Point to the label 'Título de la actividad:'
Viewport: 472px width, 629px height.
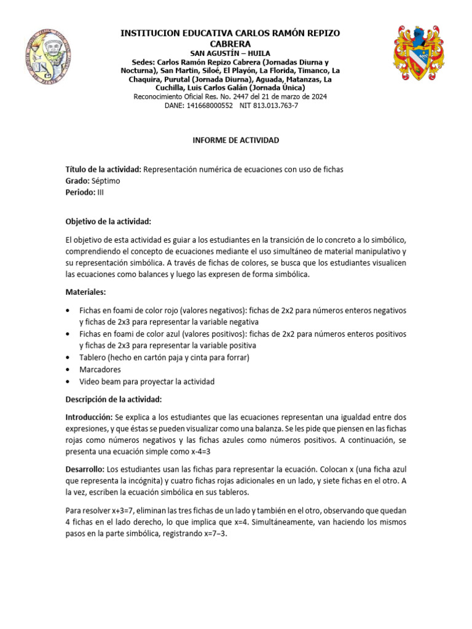(x=103, y=170)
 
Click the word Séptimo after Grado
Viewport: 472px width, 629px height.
(x=106, y=181)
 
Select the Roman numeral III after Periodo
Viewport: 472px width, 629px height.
(x=101, y=192)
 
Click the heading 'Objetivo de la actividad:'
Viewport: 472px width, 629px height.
(x=108, y=221)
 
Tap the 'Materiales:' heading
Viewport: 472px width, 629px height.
(x=86, y=292)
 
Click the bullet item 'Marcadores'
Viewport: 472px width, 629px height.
(x=100, y=370)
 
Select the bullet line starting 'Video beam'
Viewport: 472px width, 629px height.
(x=146, y=381)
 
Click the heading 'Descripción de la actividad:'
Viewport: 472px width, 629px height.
(x=114, y=399)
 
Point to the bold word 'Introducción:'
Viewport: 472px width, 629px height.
(x=89, y=416)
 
